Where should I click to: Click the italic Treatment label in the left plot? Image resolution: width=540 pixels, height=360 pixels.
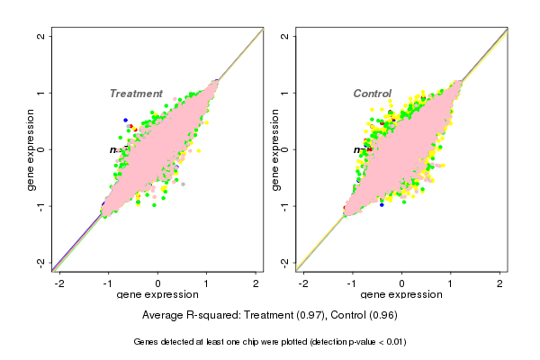136,94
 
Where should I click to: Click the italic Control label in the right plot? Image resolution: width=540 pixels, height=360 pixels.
372,94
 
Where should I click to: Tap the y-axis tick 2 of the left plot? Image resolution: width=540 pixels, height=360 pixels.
42,36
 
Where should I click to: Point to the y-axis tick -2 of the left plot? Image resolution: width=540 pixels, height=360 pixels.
42,262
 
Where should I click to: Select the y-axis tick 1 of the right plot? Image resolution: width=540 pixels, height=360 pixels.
285,93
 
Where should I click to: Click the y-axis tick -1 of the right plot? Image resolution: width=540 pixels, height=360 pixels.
285,205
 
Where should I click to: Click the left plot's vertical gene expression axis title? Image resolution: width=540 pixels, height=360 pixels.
31,149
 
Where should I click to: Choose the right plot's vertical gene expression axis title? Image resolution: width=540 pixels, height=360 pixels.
274,149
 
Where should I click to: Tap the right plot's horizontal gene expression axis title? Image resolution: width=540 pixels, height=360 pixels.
402,295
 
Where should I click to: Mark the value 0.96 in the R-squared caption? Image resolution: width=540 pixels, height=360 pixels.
382,316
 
